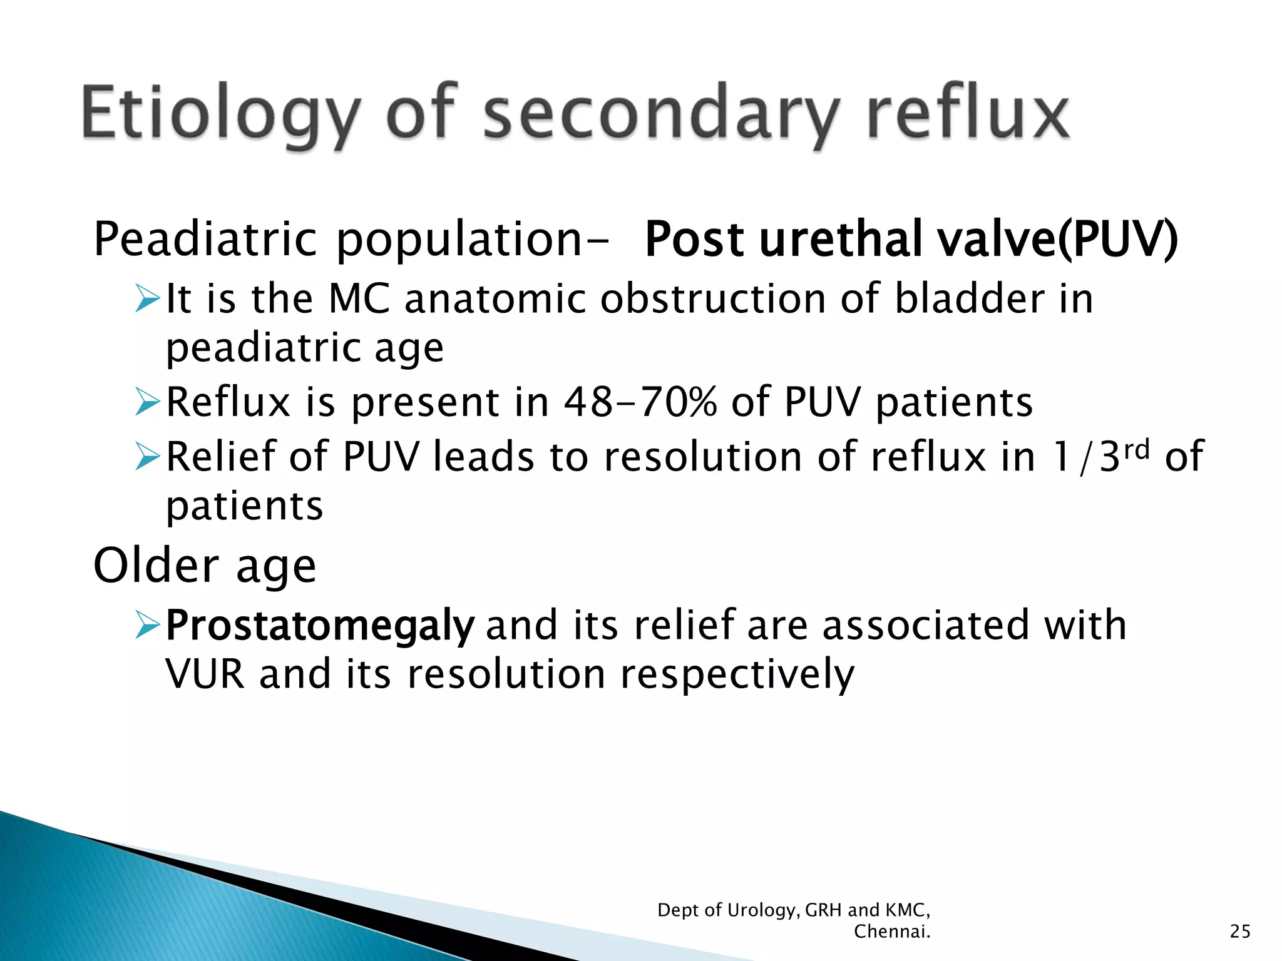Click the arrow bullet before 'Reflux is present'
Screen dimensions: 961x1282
(148, 402)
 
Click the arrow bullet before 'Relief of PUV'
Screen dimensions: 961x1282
(148, 456)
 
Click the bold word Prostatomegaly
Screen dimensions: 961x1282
(320, 626)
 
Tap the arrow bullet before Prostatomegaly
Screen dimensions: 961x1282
(148, 625)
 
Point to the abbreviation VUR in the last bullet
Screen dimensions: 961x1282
(205, 674)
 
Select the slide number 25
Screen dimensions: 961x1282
(1239, 932)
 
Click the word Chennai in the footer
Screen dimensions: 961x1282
(891, 932)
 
